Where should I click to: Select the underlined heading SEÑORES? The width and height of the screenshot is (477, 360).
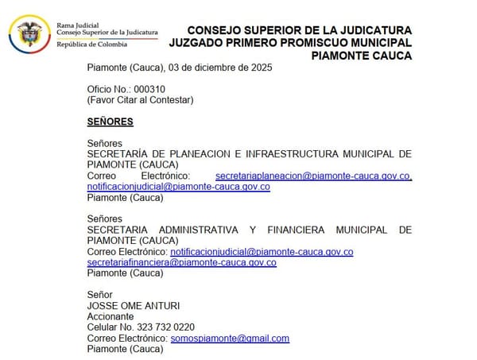[110, 122]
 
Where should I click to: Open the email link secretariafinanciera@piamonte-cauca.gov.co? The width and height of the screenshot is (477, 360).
[182, 262]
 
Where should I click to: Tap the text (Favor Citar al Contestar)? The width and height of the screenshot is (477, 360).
[140, 99]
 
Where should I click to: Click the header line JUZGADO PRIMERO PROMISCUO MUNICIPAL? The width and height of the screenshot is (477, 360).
[291, 43]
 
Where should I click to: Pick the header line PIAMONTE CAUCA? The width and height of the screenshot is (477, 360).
[362, 56]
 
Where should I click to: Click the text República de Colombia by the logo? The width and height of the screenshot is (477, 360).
[91, 45]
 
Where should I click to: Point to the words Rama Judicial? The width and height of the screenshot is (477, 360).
[77, 25]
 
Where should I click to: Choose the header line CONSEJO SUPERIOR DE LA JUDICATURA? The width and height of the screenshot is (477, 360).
[299, 30]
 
